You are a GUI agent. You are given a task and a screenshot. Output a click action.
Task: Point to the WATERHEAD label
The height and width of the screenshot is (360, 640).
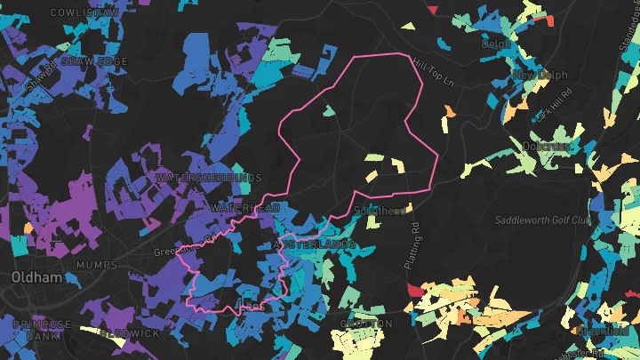[245, 207]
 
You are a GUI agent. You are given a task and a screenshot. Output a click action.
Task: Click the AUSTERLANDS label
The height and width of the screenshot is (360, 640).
[315, 244]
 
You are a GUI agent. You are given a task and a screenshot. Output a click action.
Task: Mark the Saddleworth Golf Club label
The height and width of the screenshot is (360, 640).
[543, 220]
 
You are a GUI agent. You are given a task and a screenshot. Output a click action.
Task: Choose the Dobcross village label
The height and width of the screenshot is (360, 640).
[546, 146]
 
